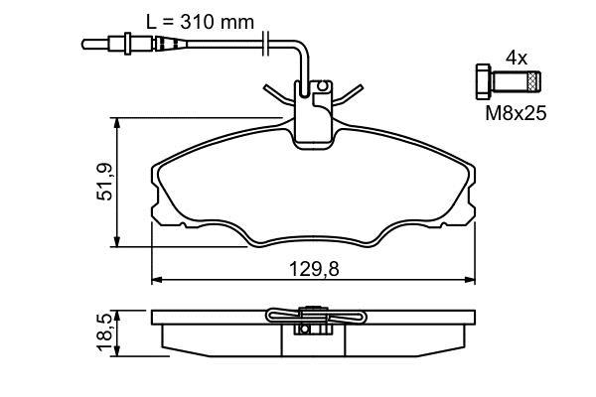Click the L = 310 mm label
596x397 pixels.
pyautogui.click(x=200, y=22)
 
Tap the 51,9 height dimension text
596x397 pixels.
pyautogui.click(x=104, y=182)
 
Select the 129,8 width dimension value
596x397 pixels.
pyautogui.click(x=314, y=269)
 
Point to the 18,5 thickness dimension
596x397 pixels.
pyautogui.click(x=104, y=332)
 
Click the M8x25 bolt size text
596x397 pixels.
pyautogui.click(x=516, y=113)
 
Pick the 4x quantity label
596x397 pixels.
pyautogui.click(x=517, y=59)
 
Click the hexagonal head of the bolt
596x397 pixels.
pyautogui.click(x=483, y=81)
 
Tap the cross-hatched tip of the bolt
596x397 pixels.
pyautogui.click(x=534, y=81)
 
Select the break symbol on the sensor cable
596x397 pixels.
pyautogui.click(x=266, y=45)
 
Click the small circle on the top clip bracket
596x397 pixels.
pyautogui.click(x=322, y=86)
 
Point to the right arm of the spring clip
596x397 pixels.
pyautogui.click(x=348, y=94)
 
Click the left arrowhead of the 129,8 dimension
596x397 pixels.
pyautogui.click(x=157, y=280)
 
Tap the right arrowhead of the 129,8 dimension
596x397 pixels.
pyautogui.click(x=470, y=280)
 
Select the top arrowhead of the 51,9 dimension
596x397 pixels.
pyautogui.click(x=117, y=123)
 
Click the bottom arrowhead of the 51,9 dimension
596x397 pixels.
pyautogui.click(x=117, y=241)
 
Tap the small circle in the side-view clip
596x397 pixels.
pyautogui.click(x=304, y=329)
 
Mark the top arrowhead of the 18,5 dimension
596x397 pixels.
pyautogui.click(x=117, y=316)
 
